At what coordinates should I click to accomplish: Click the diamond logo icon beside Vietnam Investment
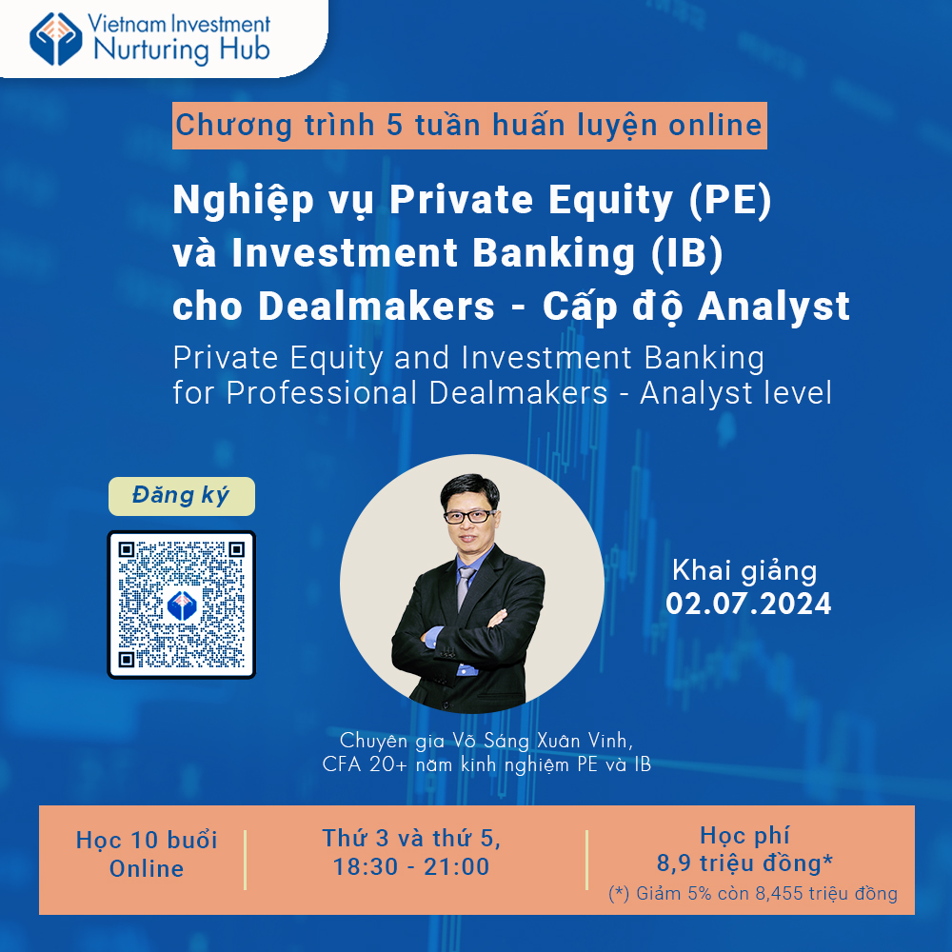pyautogui.click(x=56, y=39)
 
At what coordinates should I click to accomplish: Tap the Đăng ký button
pyautogui.click(x=182, y=496)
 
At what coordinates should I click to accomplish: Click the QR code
pyautogui.click(x=182, y=605)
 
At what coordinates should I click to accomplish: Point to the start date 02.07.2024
pyautogui.click(x=748, y=605)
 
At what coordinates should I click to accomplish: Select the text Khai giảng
pyautogui.click(x=744, y=571)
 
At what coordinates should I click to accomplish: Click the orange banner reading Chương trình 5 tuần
pyautogui.click(x=469, y=126)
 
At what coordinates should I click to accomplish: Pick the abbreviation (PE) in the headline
pyautogui.click(x=730, y=199)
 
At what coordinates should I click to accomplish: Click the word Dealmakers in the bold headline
pyautogui.click(x=376, y=306)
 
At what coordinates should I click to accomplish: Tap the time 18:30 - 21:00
pyautogui.click(x=411, y=866)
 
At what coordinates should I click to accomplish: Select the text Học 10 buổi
pyautogui.click(x=147, y=841)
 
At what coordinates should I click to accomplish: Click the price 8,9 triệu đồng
pyautogui.click(x=744, y=863)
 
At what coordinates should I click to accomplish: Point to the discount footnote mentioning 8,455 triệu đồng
pyautogui.click(x=753, y=894)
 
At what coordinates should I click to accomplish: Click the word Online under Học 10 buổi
pyautogui.click(x=147, y=869)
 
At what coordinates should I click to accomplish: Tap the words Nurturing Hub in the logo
pyautogui.click(x=182, y=50)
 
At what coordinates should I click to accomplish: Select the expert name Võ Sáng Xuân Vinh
pyautogui.click(x=543, y=741)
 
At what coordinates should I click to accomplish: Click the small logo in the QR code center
pyautogui.click(x=182, y=605)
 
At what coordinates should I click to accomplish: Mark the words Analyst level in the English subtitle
pyautogui.click(x=735, y=393)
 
